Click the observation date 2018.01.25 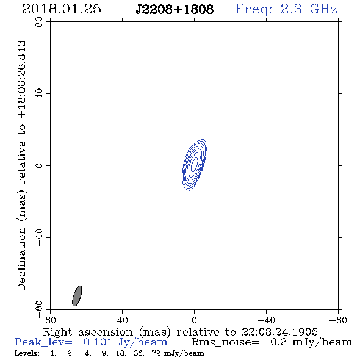click(x=62, y=9)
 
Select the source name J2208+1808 click(x=175, y=10)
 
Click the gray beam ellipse click(x=77, y=296)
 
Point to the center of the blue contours click(x=194, y=165)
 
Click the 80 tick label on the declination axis click(x=39, y=22)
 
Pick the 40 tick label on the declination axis click(x=39, y=94)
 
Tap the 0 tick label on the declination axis click(x=39, y=165)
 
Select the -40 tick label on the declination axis click(x=39, y=237)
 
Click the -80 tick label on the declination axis click(x=39, y=309)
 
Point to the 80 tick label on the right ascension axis click(x=50, y=320)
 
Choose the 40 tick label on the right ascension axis click(x=122, y=320)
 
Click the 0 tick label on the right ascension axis click(x=194, y=320)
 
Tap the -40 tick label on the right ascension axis click(x=266, y=320)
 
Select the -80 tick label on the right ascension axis click(x=338, y=320)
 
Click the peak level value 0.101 click(x=98, y=342)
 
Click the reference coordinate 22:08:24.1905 click(x=279, y=332)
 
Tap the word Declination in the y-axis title click(x=21, y=259)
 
